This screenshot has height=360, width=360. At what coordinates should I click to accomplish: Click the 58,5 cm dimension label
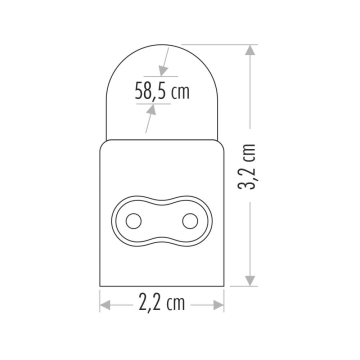[161, 92]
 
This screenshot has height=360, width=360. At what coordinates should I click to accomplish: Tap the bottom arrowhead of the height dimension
[250, 281]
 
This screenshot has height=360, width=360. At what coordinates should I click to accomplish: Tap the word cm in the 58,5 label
[179, 93]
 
